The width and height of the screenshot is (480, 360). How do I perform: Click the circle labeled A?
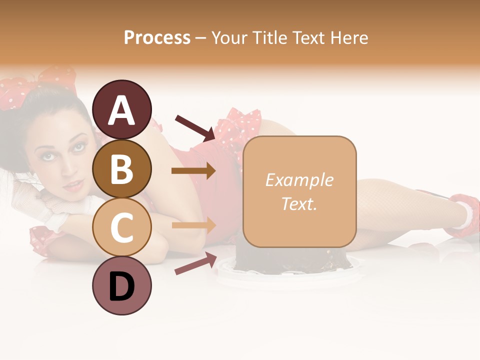point(122,109)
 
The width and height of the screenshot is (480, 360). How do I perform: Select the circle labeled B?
point(122,169)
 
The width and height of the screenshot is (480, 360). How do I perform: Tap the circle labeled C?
point(122,227)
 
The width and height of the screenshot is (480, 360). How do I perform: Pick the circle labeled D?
point(122,286)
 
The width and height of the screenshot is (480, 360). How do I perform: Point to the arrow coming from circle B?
point(193,171)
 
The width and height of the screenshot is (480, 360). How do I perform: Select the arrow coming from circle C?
point(193,225)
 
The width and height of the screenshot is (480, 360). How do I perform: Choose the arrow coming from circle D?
point(195,263)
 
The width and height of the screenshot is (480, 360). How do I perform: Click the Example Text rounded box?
point(299,191)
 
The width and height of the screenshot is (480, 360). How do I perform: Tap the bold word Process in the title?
point(157,37)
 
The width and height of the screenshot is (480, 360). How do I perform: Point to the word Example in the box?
point(299,180)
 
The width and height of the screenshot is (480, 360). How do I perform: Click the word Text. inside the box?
point(299,203)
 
